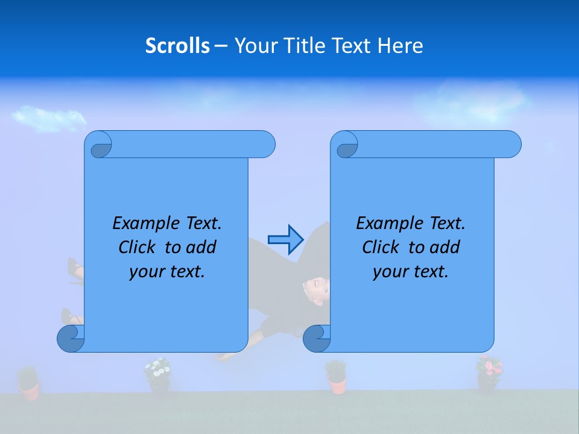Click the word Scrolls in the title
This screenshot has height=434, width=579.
pyautogui.click(x=178, y=46)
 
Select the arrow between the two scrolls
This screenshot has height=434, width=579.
pyautogui.click(x=285, y=239)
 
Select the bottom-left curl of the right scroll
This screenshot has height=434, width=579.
pyautogui.click(x=317, y=338)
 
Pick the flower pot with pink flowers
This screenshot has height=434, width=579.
pyautogui.click(x=488, y=374)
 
